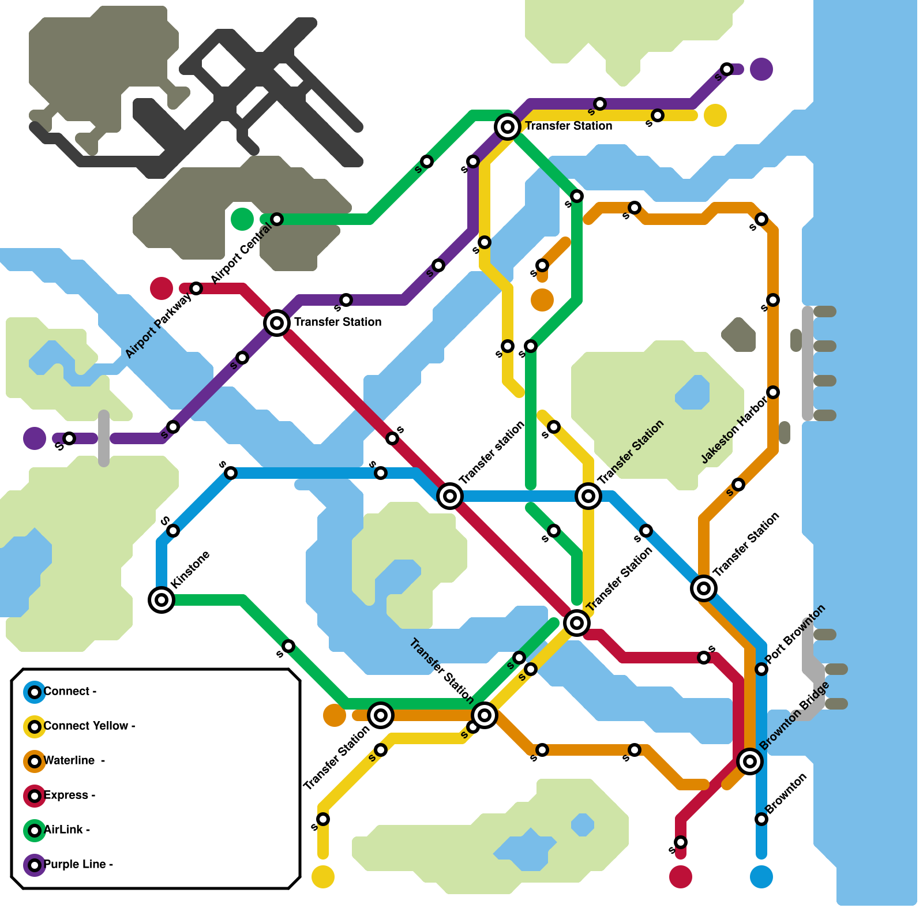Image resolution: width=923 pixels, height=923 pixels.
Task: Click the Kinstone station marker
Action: coord(162,600)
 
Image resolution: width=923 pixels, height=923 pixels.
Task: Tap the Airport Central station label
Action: coord(241,253)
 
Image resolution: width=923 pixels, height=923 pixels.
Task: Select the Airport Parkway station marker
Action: coord(196,288)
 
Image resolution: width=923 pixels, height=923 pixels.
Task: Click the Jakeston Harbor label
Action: coord(734,430)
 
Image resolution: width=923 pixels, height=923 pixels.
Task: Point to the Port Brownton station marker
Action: coord(761,669)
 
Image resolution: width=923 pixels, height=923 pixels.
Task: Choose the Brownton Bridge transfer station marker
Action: coord(750,761)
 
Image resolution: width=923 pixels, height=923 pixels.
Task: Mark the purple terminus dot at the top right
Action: coord(761,69)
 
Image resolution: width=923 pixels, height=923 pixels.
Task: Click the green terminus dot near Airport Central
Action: coord(242,219)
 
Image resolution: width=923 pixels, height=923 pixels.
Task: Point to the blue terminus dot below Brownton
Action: coord(761,877)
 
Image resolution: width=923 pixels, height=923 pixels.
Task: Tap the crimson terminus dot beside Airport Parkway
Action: coord(162,288)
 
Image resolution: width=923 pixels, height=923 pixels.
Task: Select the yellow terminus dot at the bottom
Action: coord(323,877)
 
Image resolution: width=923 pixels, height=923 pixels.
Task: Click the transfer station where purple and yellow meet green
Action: coord(508,126)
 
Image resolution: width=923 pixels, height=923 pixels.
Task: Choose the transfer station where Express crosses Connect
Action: coord(450,496)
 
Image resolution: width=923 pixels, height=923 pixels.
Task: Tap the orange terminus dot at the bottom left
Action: coord(335,715)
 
